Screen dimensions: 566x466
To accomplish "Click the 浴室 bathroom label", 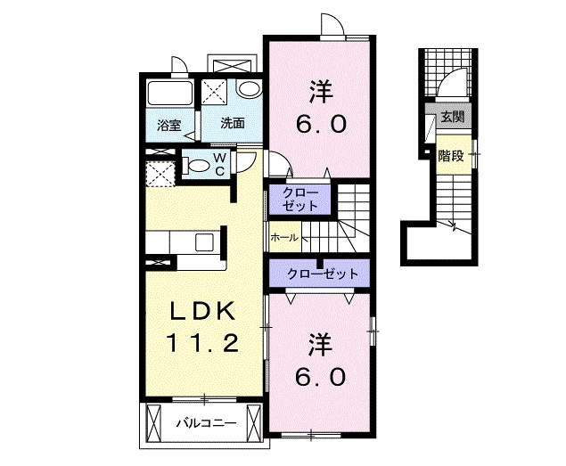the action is (169, 126).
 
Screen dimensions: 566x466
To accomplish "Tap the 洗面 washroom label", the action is (233, 124).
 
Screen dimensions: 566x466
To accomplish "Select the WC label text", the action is (220, 164).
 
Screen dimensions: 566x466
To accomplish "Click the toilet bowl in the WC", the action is (198, 166).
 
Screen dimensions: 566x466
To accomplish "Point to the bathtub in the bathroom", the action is (169, 94).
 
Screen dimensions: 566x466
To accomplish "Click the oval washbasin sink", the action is (249, 89).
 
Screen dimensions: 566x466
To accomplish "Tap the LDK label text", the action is (203, 312).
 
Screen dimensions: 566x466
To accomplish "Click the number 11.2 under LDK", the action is (202, 343).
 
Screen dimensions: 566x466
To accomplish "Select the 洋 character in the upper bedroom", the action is (321, 91).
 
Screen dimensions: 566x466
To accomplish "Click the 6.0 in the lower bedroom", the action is (321, 378).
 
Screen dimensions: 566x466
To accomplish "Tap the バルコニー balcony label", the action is (206, 422).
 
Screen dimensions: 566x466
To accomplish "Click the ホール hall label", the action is (284, 238).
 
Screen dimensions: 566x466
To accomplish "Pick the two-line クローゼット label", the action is (300, 200).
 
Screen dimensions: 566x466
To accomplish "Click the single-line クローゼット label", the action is (323, 274).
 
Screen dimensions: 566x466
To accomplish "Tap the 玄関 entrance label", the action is (452, 116).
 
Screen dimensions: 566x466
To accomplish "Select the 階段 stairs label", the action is (450, 156).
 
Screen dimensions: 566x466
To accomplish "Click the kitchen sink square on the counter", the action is (204, 241).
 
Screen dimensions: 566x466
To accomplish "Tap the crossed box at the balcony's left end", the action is (152, 423).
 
